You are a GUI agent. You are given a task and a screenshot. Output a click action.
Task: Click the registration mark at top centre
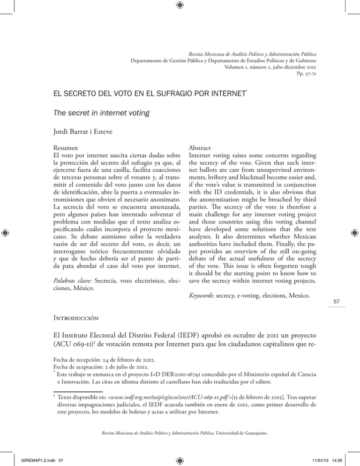[x=180, y=6]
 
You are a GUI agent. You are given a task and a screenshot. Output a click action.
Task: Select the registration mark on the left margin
[x=6, y=232]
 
